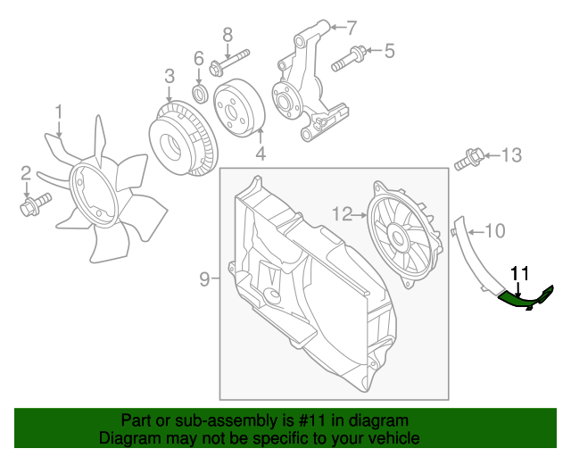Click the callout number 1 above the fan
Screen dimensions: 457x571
tap(59, 112)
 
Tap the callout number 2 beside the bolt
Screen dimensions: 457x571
tap(26, 172)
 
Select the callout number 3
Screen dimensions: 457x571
tap(169, 78)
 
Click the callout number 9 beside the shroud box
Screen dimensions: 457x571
tap(204, 279)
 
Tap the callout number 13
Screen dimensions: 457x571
tap(509, 156)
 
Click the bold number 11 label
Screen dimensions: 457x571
tap(519, 274)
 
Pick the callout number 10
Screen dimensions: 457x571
tap(495, 230)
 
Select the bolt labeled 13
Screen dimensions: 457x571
tap(468, 162)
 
